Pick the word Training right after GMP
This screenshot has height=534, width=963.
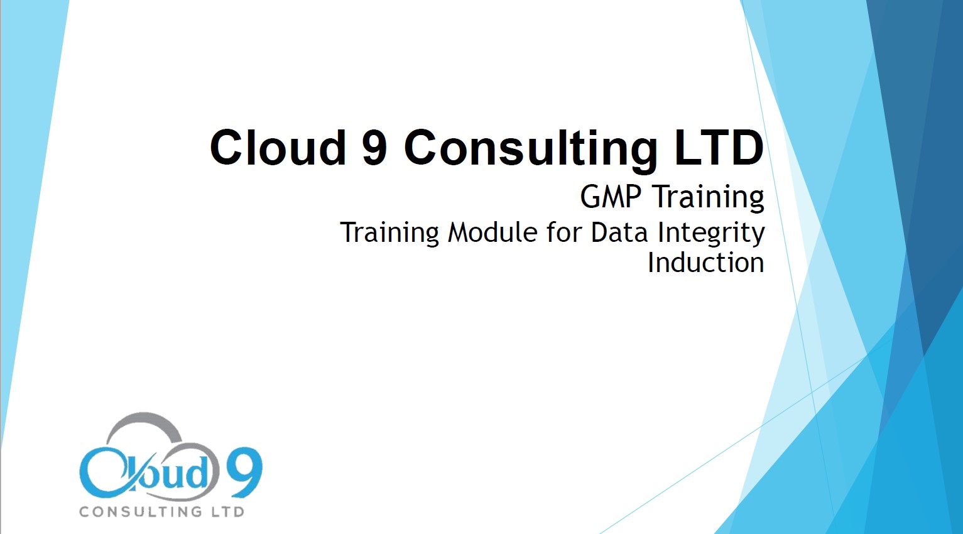coord(709,199)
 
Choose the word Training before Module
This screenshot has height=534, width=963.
coord(389,234)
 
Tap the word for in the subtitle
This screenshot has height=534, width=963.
coord(565,232)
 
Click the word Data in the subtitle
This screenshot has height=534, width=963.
coord(619,232)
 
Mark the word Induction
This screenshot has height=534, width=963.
coord(706,262)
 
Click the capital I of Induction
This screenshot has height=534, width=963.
coord(650,262)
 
